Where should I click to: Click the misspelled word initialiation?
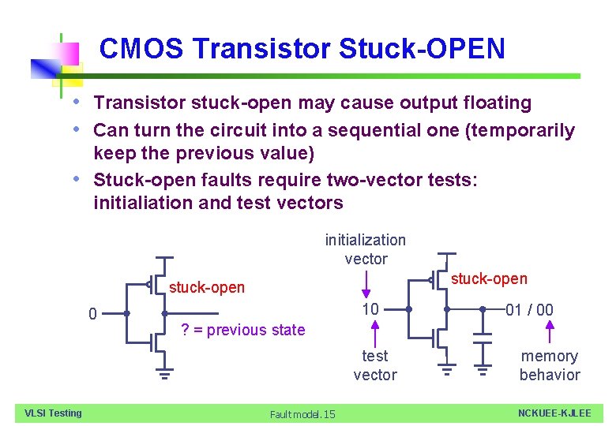pyautogui.click(x=143, y=203)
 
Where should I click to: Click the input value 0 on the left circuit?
pyautogui.click(x=93, y=315)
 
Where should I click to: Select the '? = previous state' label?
pyautogui.click(x=242, y=330)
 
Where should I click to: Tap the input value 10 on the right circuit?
pyautogui.click(x=370, y=308)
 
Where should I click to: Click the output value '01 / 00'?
pyautogui.click(x=529, y=309)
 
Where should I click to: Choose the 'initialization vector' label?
pyautogui.click(x=366, y=249)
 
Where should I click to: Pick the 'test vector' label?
pyautogui.click(x=375, y=365)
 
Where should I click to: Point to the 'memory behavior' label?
pyautogui.click(x=550, y=365)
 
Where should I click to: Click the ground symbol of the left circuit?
pyautogui.click(x=164, y=372)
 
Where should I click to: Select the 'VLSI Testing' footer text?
pyautogui.click(x=54, y=413)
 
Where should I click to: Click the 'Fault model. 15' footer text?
pyautogui.click(x=302, y=414)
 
